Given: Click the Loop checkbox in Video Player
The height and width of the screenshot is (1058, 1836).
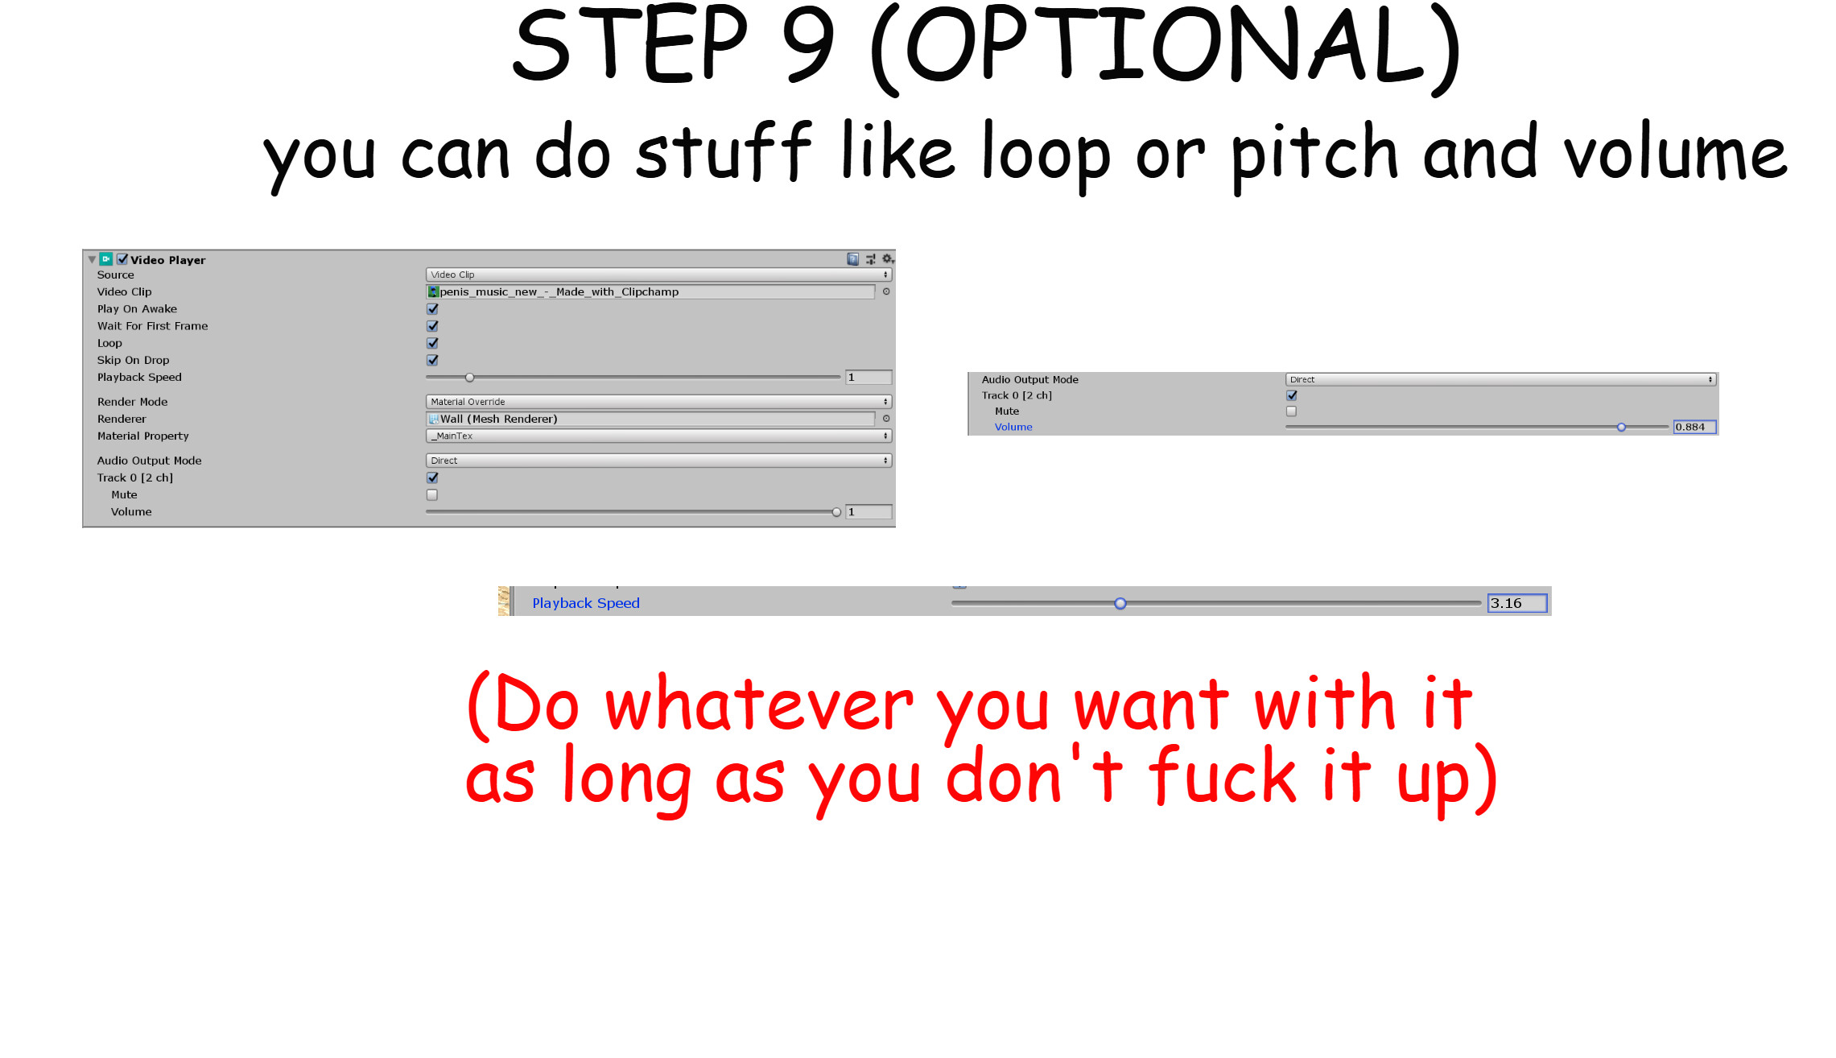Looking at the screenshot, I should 432,343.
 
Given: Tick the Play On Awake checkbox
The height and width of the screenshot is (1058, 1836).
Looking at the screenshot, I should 432,309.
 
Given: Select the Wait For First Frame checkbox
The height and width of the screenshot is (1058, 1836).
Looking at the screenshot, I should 432,326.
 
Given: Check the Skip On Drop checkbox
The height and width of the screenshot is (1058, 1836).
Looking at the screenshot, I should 432,360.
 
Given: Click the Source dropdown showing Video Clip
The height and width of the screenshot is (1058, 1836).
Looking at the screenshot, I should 658,275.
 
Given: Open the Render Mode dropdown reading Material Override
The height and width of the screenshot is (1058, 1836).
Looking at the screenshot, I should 658,402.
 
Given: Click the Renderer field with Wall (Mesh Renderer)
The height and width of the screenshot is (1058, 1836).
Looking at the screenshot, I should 650,419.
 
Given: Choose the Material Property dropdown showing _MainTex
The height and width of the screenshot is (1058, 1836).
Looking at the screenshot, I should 658,436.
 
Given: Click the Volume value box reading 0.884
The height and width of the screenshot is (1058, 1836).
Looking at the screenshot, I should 1694,427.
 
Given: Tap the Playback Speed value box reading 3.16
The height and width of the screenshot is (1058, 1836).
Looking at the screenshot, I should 1516,603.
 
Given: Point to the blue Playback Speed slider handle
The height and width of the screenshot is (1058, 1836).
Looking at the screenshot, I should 1120,603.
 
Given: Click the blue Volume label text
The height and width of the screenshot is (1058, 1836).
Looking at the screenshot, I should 1013,427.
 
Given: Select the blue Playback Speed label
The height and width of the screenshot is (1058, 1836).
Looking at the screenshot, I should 585,603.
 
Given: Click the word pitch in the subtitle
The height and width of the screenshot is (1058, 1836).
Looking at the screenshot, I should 1314,155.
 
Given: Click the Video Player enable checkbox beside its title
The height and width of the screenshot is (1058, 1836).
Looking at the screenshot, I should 122,259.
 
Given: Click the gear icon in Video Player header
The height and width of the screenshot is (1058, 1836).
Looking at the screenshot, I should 887,259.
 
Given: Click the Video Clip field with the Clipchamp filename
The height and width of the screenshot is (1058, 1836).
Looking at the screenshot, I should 650,291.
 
